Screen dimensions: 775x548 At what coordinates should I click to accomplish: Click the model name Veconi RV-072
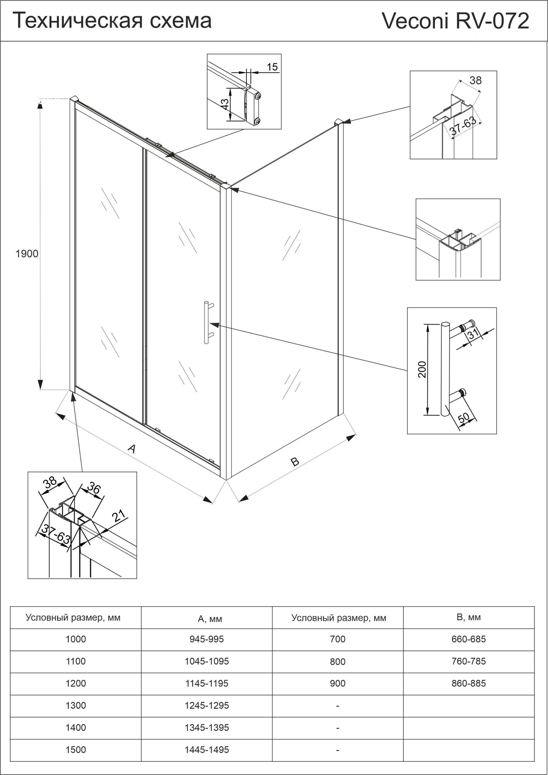click(455, 21)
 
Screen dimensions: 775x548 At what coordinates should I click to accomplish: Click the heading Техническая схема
click(112, 21)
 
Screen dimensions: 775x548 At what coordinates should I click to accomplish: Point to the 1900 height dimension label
click(27, 253)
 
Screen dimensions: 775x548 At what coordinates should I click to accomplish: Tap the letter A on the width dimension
click(132, 449)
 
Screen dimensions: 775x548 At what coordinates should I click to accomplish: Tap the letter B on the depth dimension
click(295, 461)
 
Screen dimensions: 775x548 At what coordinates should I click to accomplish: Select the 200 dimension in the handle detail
click(422, 369)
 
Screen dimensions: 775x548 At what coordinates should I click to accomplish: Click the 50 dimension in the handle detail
click(464, 417)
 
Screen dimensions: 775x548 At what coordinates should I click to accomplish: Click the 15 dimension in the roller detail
click(272, 67)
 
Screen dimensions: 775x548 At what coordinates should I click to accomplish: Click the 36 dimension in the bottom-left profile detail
click(94, 488)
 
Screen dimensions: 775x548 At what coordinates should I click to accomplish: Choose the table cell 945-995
click(207, 639)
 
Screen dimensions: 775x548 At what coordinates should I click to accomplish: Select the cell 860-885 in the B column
click(468, 683)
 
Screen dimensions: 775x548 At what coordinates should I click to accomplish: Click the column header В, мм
click(468, 617)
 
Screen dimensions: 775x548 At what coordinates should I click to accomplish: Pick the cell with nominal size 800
click(338, 661)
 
